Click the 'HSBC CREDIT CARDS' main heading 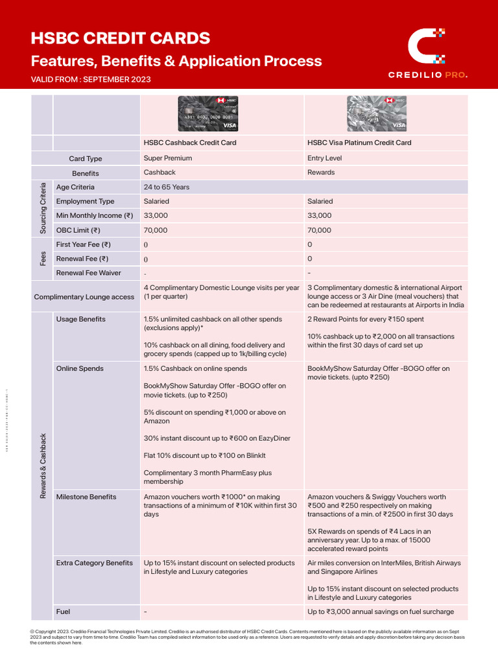pos(121,38)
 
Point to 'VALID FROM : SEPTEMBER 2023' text pos(91,79)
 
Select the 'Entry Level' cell pos(324,158)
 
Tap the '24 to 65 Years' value pos(167,187)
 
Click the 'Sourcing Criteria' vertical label pos(43,208)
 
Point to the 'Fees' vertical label pos(43,259)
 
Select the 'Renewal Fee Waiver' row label pos(88,273)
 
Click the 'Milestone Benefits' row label pos(86,497)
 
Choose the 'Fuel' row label pos(63,611)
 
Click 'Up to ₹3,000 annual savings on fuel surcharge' pos(381,611)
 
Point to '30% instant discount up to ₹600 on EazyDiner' pos(217,438)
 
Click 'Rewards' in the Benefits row pos(321,172)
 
